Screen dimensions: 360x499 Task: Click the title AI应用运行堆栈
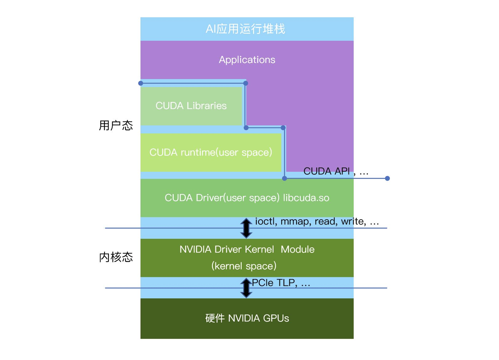(245, 29)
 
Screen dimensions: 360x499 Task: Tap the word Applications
(247, 60)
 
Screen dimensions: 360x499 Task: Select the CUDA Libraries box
(191, 106)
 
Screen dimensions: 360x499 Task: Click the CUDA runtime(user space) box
(211, 152)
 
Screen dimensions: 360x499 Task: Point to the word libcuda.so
(306, 198)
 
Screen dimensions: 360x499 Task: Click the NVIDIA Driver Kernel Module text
(247, 250)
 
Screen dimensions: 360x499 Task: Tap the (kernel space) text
(244, 266)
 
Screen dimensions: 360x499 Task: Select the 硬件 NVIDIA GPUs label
(247, 318)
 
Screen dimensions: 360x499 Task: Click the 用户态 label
(116, 125)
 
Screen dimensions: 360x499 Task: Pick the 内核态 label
(116, 257)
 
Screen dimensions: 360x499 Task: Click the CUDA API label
(326, 171)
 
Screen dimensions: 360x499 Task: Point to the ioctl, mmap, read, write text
(317, 221)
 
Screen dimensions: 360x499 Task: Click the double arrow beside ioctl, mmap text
(246, 228)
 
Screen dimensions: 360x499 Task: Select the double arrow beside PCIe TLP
(246, 288)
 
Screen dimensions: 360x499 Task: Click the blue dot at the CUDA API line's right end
(387, 178)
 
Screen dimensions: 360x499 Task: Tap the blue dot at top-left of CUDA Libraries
(141, 83)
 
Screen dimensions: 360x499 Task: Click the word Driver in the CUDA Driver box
(209, 198)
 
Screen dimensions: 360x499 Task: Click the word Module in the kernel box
(298, 250)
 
